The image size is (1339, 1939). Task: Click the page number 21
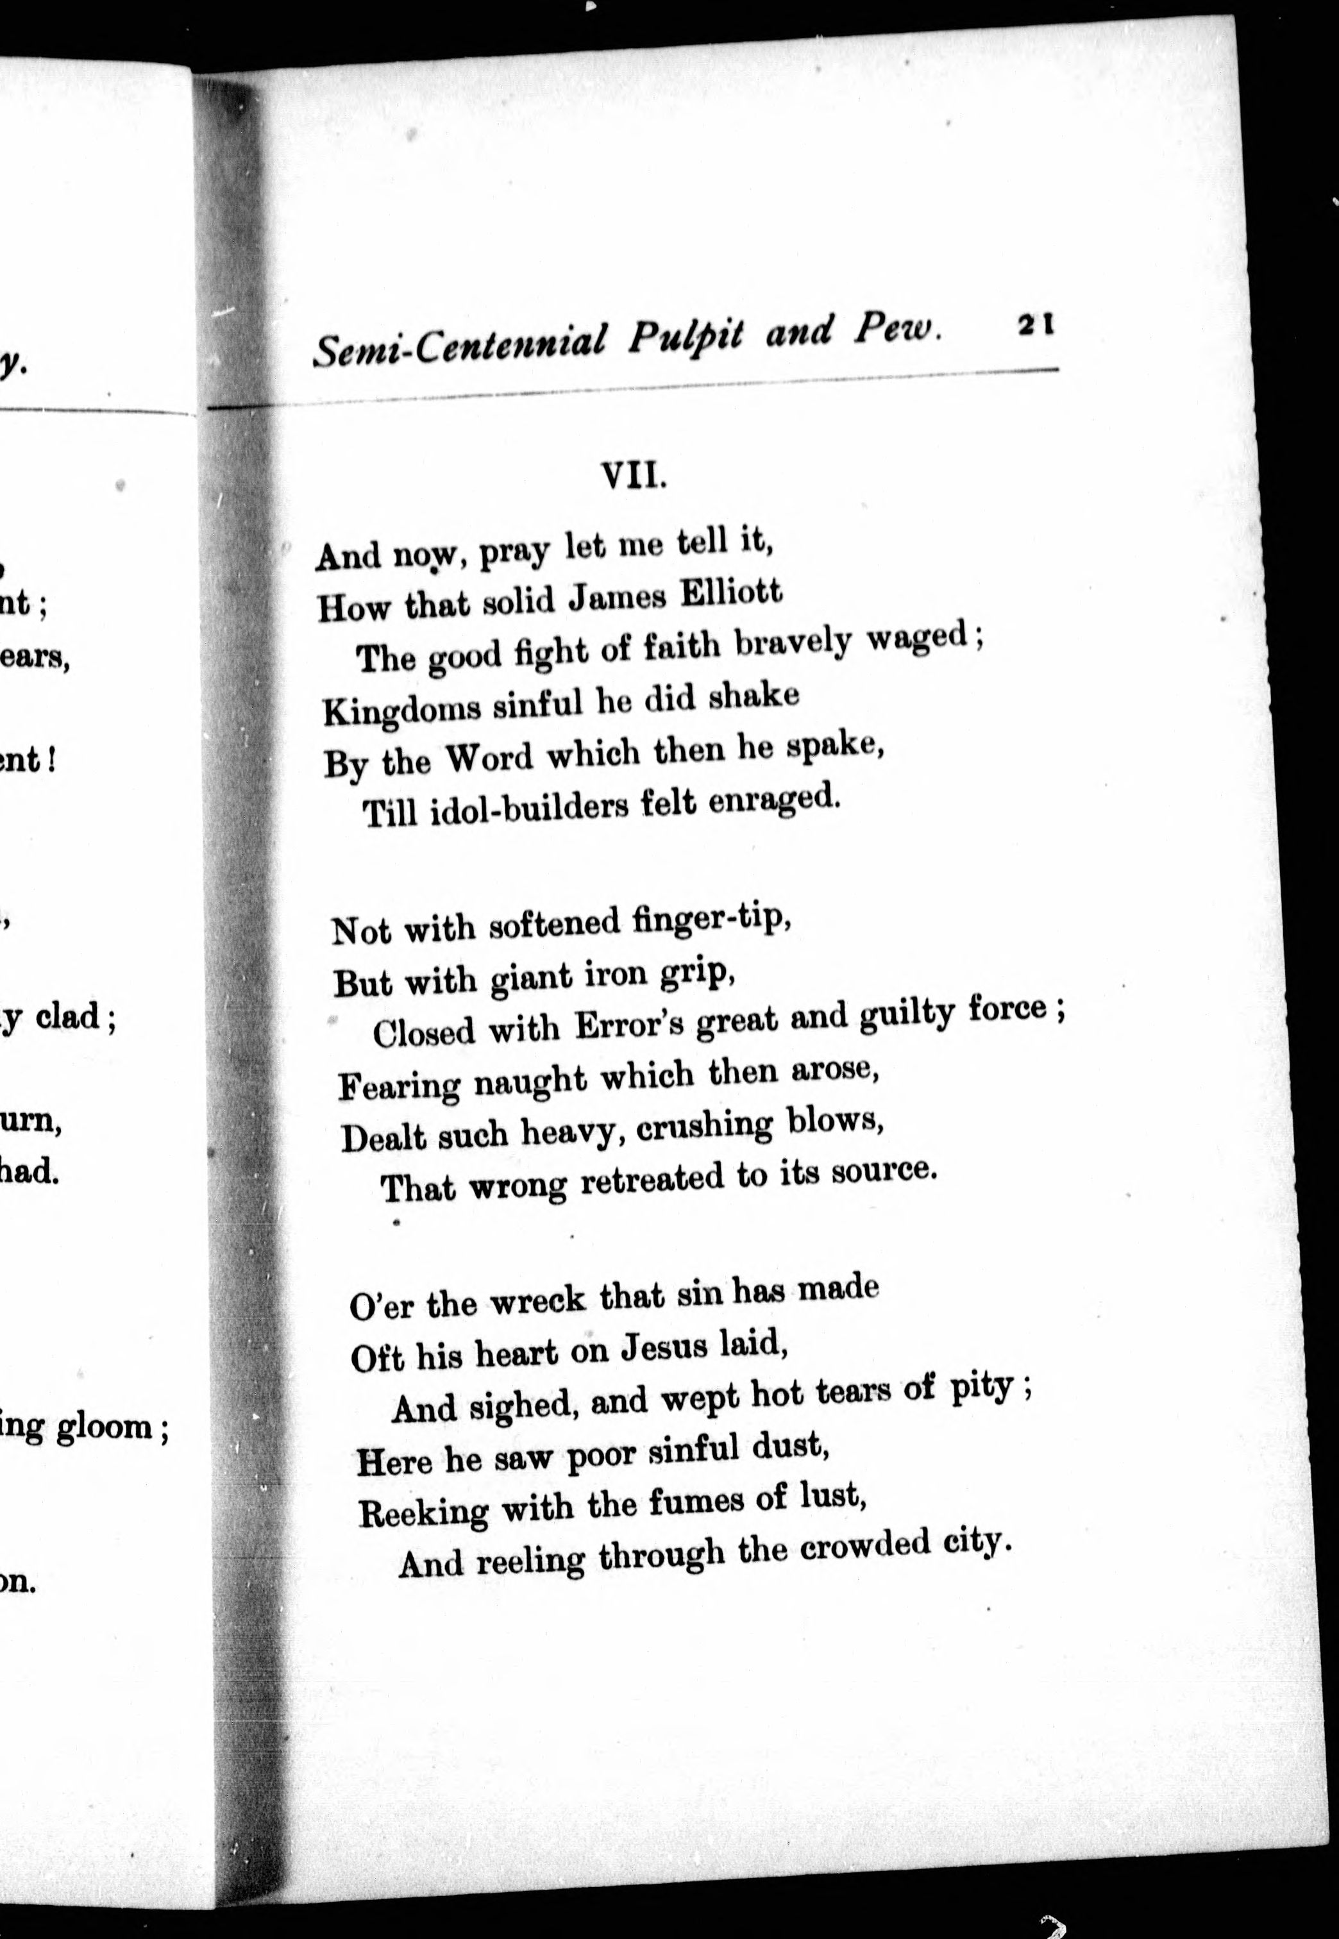click(x=1037, y=324)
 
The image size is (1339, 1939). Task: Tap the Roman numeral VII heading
click(x=634, y=476)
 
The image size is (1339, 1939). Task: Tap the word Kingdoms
click(x=402, y=709)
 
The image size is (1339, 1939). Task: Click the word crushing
click(x=703, y=1127)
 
